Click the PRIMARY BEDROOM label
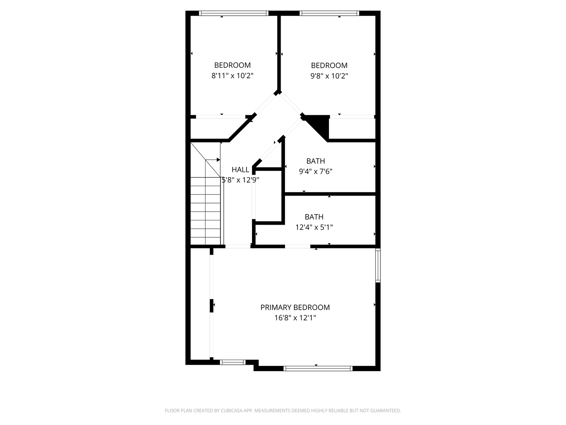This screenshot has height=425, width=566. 295,307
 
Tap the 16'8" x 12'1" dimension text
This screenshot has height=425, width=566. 295,318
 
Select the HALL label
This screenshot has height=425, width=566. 240,170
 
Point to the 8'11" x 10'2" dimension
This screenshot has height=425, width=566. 232,76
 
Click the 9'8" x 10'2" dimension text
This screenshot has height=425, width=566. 329,76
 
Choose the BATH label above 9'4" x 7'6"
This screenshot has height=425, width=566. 316,161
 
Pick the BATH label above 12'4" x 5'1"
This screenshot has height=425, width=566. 314,217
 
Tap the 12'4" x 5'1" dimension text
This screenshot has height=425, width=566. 314,227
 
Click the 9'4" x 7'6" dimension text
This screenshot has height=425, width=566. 316,172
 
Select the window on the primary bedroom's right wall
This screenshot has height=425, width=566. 378,265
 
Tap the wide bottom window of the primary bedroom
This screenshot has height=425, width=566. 318,368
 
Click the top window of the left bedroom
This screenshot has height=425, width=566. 233,13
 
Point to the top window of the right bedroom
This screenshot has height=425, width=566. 329,13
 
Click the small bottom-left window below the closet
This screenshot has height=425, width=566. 233,362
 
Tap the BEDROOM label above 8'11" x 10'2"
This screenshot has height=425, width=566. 232,65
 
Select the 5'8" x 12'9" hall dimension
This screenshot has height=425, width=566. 241,180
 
